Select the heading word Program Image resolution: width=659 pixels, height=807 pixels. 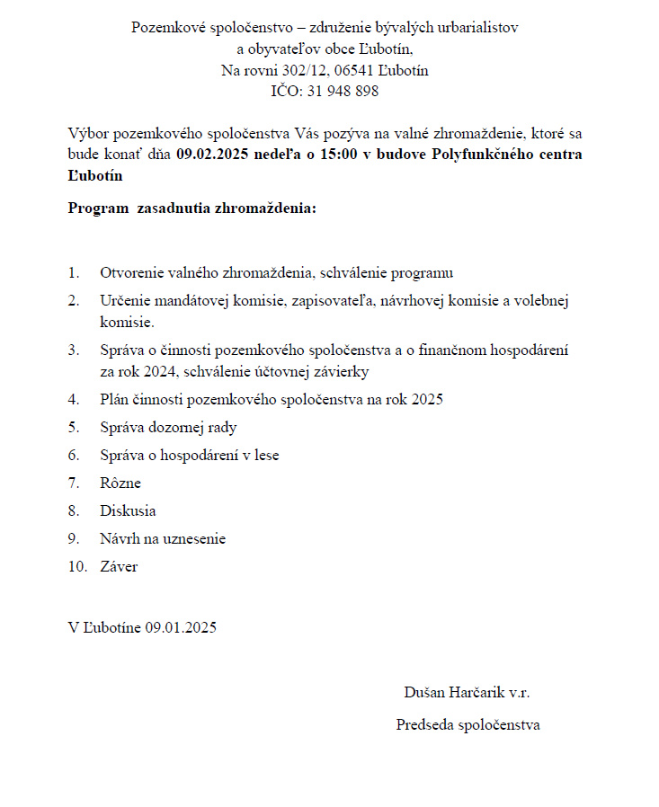98,209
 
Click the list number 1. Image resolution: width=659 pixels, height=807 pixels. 73,272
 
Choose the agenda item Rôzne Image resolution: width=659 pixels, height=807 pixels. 120,483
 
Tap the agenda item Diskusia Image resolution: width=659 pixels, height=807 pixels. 128,510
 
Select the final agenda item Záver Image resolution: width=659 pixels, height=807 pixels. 119,566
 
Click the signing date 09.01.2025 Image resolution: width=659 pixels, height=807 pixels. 180,627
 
